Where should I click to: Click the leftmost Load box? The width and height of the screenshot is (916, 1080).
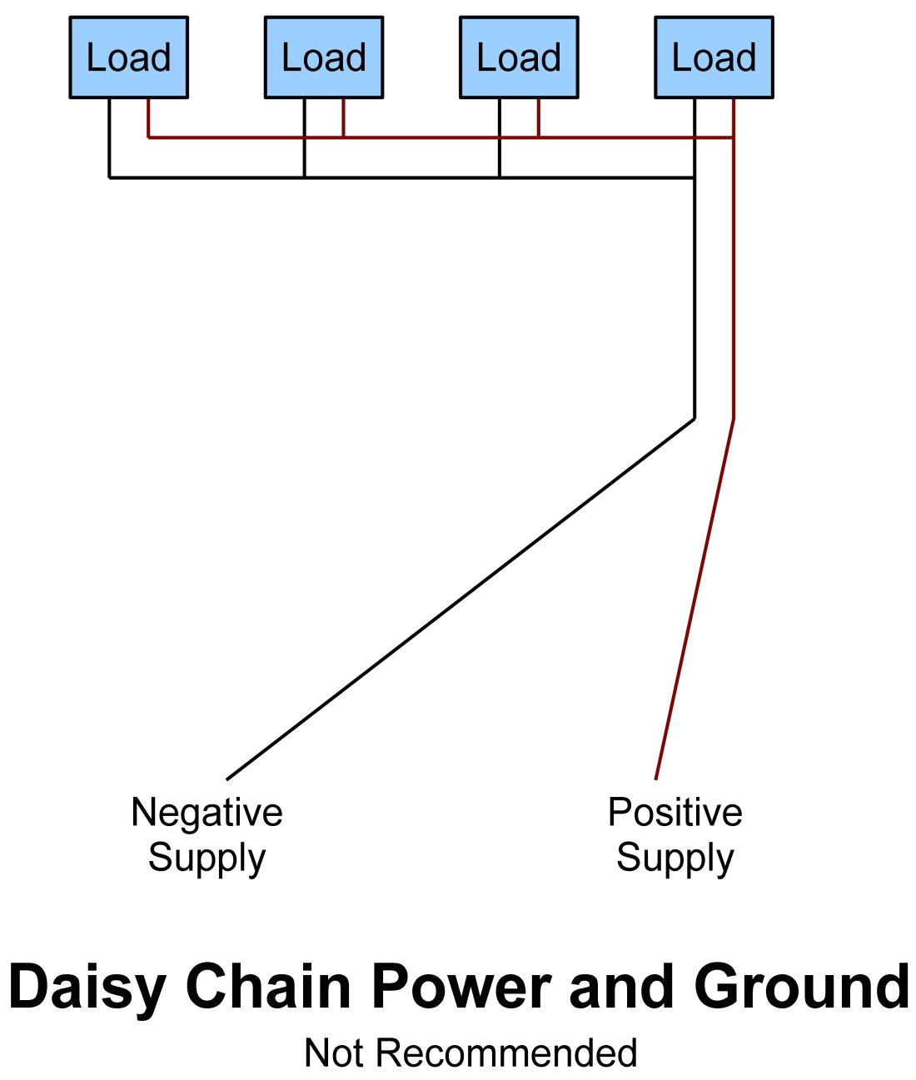click(x=128, y=57)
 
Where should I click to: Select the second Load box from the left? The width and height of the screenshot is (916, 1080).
click(x=324, y=57)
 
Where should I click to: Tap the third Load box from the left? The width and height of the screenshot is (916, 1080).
click(x=519, y=57)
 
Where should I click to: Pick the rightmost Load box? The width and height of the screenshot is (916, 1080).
click(x=714, y=57)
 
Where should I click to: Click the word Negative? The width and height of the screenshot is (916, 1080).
click(x=207, y=813)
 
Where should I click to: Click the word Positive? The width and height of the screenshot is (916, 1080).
click(x=675, y=813)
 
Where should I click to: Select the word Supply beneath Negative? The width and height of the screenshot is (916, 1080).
click(x=207, y=858)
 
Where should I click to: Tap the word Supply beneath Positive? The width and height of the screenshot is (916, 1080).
click(x=675, y=858)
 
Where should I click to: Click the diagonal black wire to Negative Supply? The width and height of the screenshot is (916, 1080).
click(x=460, y=599)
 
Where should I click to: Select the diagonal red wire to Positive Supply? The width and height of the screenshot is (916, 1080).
click(x=694, y=599)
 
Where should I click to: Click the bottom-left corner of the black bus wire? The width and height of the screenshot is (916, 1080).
click(x=109, y=177)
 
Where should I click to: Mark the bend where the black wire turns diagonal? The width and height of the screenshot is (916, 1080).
click(x=694, y=418)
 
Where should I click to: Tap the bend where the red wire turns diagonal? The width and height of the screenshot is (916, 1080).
click(x=734, y=418)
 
